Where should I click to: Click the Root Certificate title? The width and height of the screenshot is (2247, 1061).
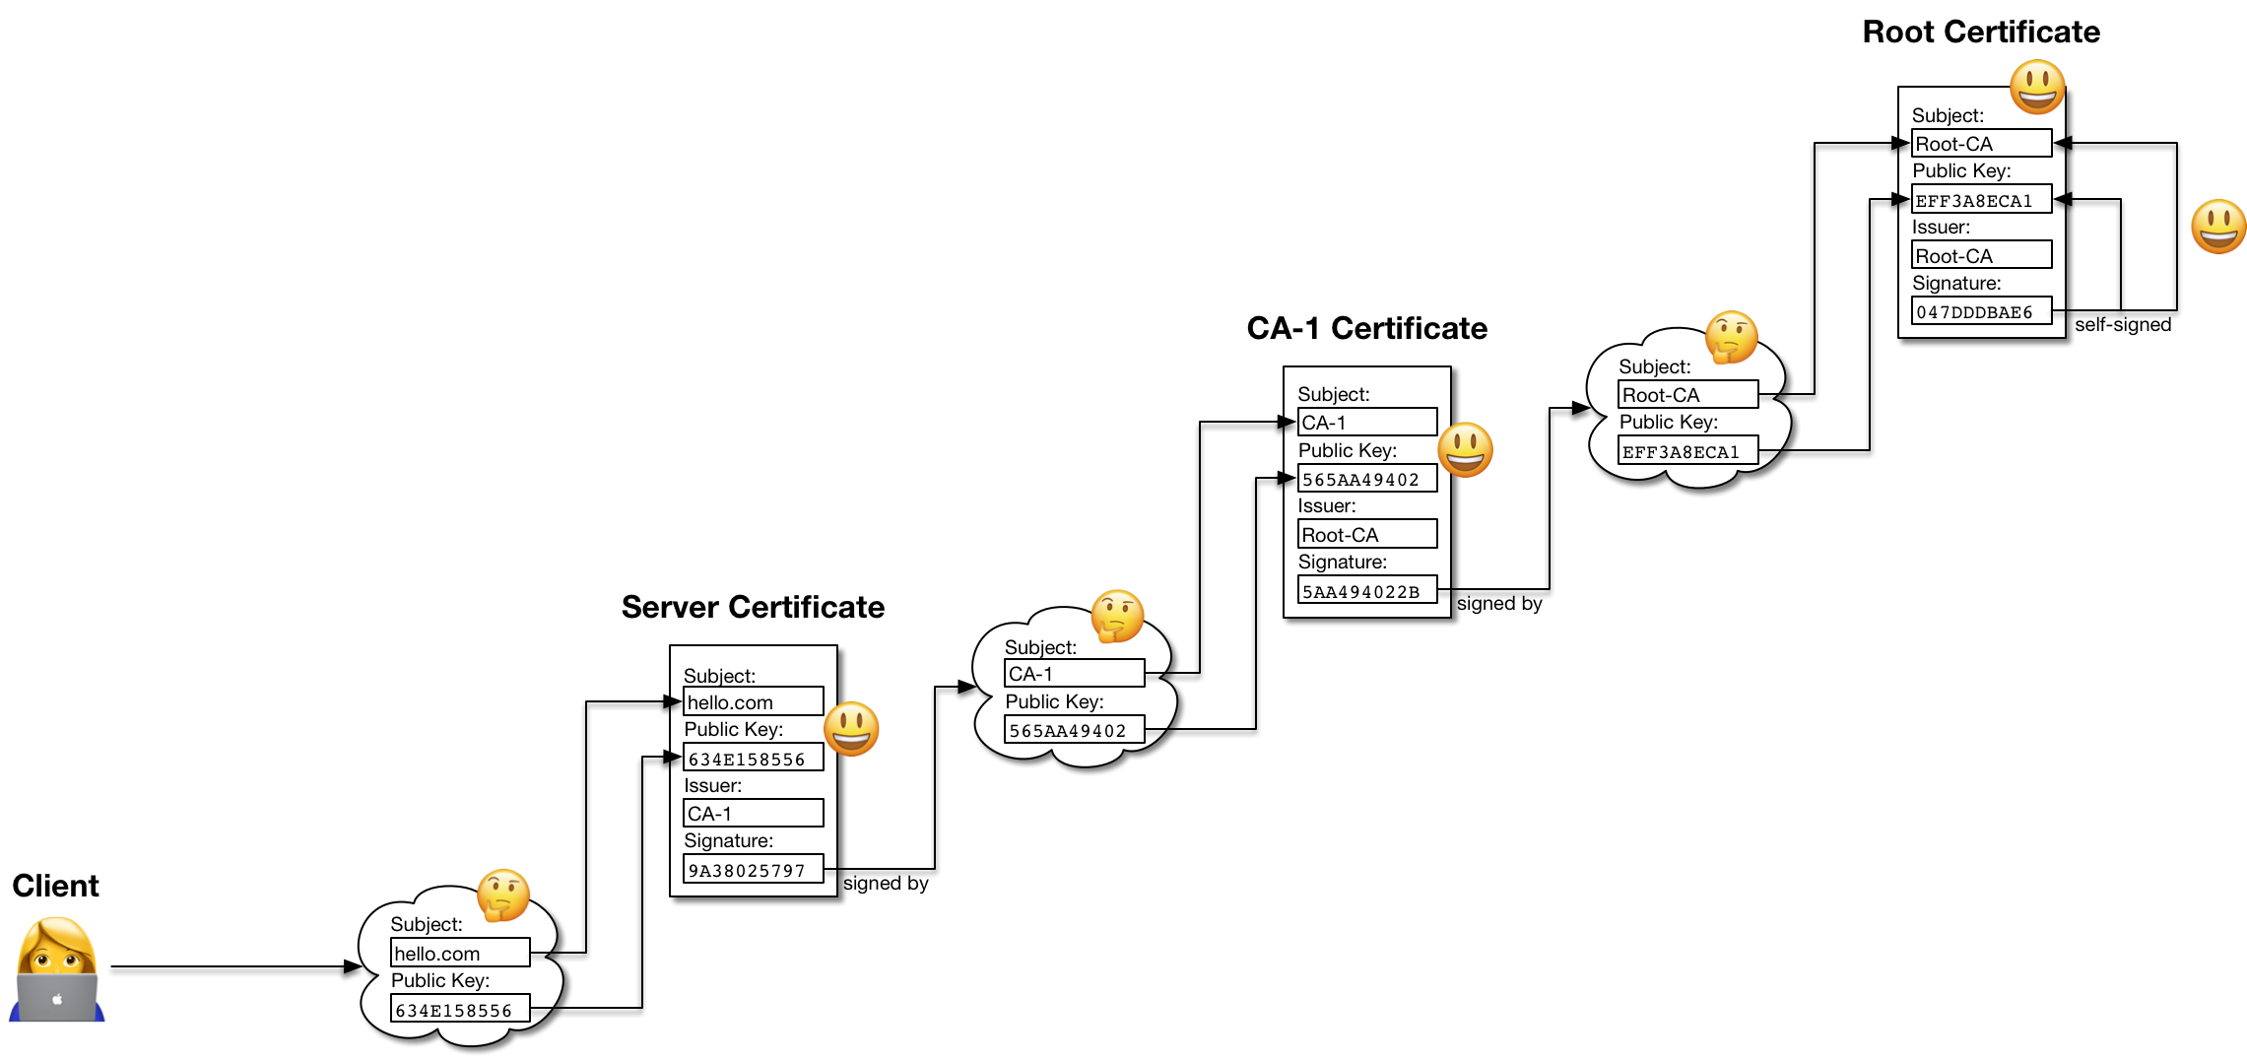click(1980, 32)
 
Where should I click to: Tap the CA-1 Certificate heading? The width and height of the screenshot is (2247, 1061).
click(1366, 328)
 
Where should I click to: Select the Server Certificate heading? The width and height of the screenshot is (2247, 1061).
click(753, 607)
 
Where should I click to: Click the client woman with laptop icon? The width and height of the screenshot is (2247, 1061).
click(57, 970)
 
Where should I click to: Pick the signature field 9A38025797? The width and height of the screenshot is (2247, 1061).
click(753, 870)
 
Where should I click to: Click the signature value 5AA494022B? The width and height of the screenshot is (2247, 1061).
click(1366, 591)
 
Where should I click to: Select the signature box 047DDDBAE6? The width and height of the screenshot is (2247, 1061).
click(1980, 311)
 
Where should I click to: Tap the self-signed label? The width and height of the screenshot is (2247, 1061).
click(2122, 325)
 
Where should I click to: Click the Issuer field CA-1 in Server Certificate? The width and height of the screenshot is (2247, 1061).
click(753, 814)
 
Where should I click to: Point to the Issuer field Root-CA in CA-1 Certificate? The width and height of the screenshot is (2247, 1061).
click(1366, 535)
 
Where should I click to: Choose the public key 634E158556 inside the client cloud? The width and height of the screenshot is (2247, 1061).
click(459, 1010)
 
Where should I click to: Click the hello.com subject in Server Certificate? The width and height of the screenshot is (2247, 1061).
click(753, 702)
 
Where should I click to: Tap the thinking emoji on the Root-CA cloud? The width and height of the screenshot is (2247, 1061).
click(1731, 337)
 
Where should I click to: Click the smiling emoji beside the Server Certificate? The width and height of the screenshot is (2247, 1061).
click(851, 729)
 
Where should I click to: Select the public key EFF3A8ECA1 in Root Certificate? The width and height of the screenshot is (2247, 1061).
click(1980, 200)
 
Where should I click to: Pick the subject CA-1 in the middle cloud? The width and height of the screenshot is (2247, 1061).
click(1074, 674)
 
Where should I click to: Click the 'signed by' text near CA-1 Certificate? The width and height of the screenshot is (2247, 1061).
click(1498, 604)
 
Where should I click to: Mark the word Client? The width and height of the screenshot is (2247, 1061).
click(55, 886)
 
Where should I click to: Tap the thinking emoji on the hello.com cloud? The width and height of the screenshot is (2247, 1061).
click(503, 895)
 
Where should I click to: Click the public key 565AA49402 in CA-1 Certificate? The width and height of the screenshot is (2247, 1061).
click(1366, 479)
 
